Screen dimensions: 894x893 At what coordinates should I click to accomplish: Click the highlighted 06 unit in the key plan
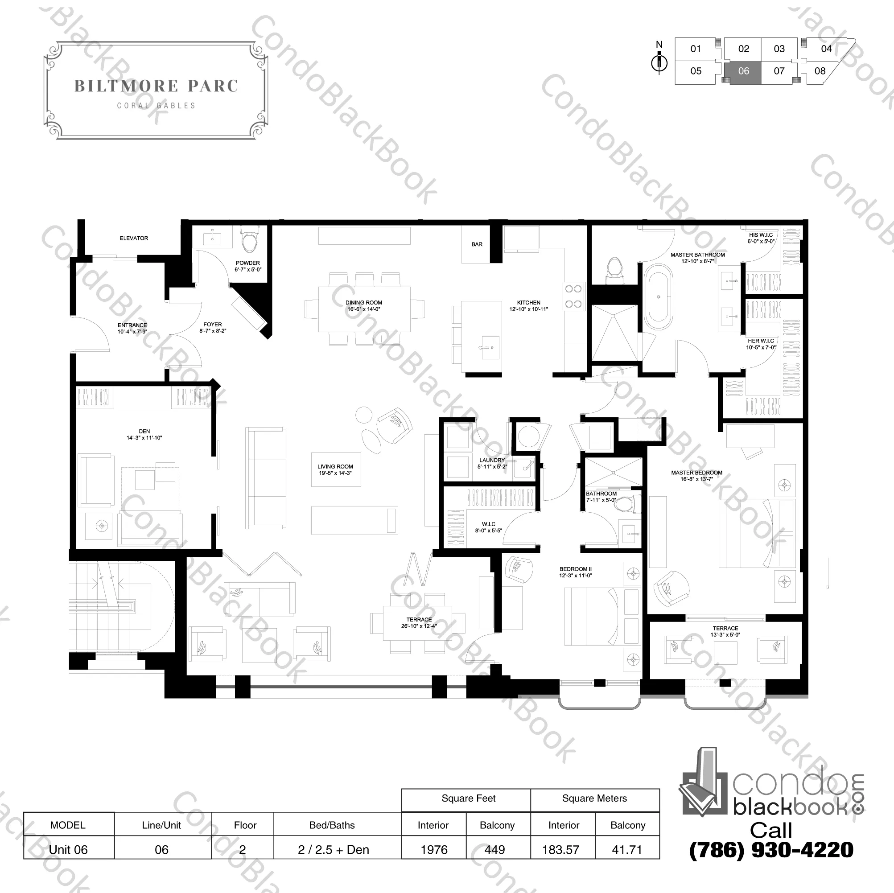pos(743,73)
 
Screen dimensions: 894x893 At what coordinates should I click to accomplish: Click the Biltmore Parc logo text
pos(157,86)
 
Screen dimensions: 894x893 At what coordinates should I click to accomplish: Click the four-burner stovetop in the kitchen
pos(573,296)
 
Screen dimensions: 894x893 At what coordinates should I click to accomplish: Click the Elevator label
pos(134,238)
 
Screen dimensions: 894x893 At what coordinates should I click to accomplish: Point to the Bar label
pos(477,244)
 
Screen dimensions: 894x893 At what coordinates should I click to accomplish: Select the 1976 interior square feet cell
pos(434,849)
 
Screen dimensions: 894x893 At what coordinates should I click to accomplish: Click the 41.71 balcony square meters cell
pos(627,849)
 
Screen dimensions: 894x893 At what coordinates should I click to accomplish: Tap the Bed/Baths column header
pos(332,825)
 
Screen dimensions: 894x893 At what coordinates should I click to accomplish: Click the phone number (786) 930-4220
pos(771,849)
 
